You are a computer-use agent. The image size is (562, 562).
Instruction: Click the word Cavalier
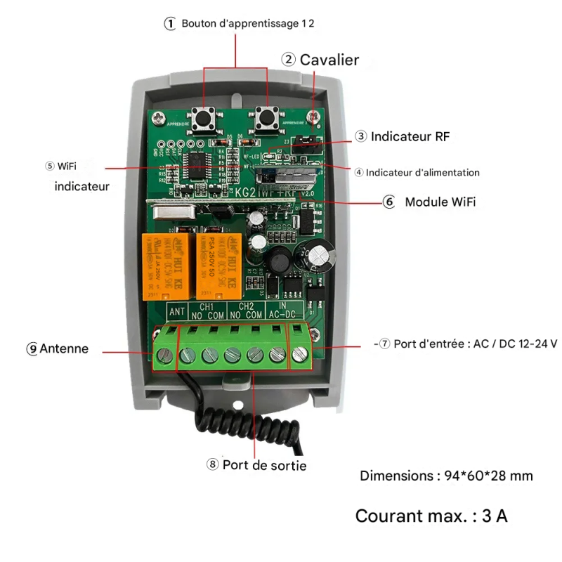[x=329, y=60]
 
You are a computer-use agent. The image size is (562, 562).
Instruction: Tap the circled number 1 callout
[x=169, y=23]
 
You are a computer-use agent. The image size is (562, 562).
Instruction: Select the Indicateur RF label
[x=410, y=136]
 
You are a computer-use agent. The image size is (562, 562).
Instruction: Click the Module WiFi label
[x=440, y=202]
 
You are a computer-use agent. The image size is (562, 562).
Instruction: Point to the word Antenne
[x=64, y=348]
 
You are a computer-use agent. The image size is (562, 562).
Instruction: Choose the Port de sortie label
[x=264, y=465]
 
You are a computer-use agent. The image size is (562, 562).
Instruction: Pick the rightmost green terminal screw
[x=300, y=355]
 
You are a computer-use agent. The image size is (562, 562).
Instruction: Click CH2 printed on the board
[x=246, y=307]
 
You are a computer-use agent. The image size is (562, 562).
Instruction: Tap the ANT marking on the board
[x=178, y=311]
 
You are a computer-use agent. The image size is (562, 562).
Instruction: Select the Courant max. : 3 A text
[x=431, y=516]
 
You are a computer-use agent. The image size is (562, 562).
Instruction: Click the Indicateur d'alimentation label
[x=422, y=172]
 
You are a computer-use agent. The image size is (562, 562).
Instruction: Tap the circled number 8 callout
[x=213, y=464]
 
